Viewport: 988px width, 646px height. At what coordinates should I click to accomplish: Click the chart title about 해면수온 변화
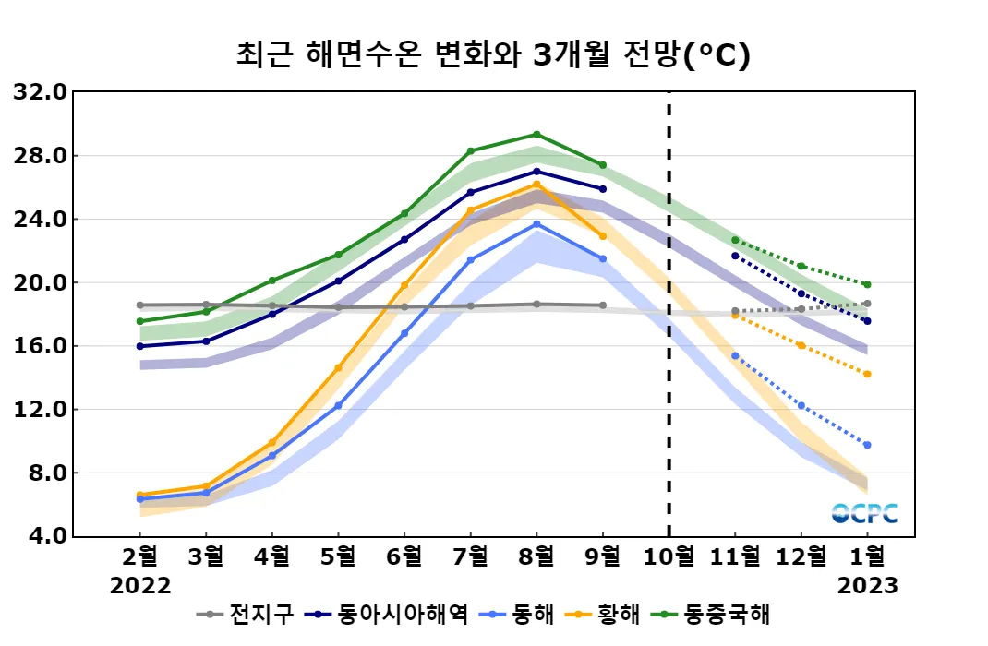pyautogui.click(x=493, y=54)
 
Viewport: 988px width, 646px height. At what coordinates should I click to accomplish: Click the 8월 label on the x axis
pyautogui.click(x=536, y=556)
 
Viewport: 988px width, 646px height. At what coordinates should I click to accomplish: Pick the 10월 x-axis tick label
pyautogui.click(x=669, y=556)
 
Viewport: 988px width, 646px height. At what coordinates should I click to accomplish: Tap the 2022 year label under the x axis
pyautogui.click(x=140, y=586)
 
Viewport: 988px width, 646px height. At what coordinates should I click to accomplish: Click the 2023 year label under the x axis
pyautogui.click(x=867, y=586)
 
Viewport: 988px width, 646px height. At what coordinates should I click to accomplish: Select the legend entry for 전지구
pyautogui.click(x=248, y=615)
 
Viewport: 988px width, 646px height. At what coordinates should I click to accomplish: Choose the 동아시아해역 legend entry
pyautogui.click(x=391, y=615)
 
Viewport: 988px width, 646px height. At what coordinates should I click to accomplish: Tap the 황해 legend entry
pyautogui.click(x=608, y=615)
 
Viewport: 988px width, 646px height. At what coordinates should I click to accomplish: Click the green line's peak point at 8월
pyautogui.click(x=536, y=135)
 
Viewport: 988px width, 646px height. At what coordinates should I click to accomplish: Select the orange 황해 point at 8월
pyautogui.click(x=536, y=185)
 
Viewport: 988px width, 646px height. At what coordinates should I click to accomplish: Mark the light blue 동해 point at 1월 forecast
pyautogui.click(x=867, y=445)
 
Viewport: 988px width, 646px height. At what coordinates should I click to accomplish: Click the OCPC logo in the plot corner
pyautogui.click(x=863, y=513)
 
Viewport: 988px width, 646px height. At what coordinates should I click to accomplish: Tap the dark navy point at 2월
pyautogui.click(x=140, y=346)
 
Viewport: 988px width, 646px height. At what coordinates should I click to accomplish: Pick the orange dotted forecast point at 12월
pyautogui.click(x=801, y=346)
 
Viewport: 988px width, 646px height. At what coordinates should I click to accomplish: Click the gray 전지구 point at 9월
pyautogui.click(x=603, y=305)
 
